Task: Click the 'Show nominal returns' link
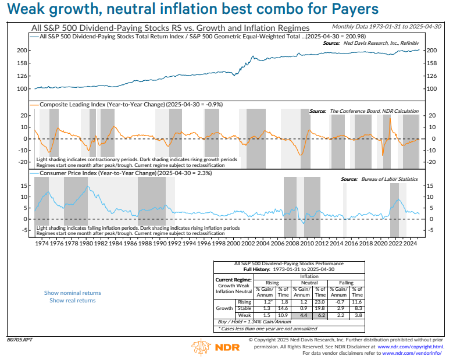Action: coord(72,293)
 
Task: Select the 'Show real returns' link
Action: coord(72,301)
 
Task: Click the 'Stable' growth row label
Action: coord(244,308)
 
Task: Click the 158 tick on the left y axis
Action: coord(23,63)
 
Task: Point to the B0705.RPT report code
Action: coord(19,339)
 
